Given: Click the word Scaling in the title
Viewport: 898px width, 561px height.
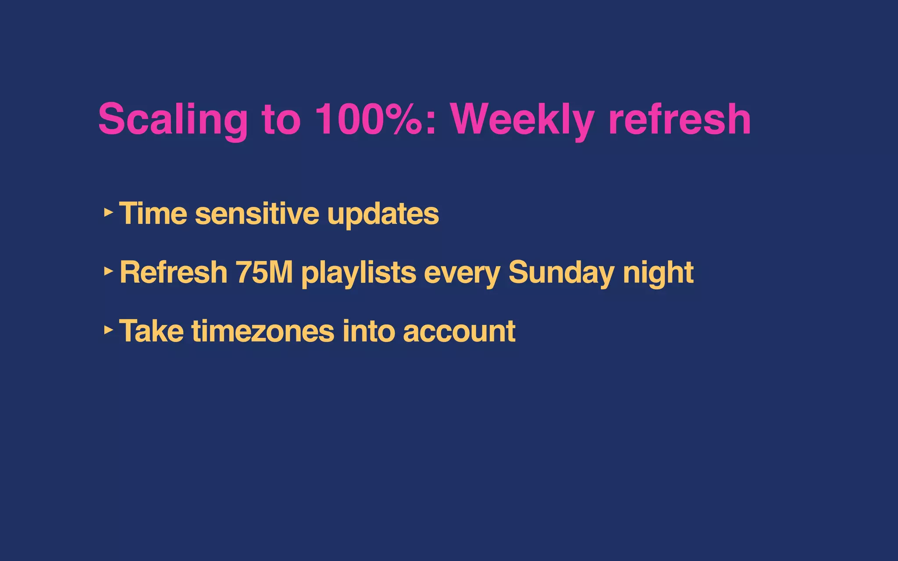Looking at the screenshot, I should (x=173, y=120).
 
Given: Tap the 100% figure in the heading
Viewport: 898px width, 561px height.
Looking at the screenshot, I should (x=368, y=119).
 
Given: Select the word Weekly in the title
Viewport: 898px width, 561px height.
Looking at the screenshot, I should (x=522, y=120).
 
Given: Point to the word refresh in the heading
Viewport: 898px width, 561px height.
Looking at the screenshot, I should (x=680, y=119).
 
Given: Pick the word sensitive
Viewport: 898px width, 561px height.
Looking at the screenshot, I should (x=257, y=213).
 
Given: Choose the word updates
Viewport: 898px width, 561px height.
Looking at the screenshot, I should (x=383, y=214).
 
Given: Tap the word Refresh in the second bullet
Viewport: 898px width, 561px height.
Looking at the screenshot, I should (x=173, y=272).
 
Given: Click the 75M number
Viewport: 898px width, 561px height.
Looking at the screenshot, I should (x=264, y=272).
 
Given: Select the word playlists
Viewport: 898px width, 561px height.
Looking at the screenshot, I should (x=358, y=273).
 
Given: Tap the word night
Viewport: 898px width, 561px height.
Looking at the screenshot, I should (x=658, y=273).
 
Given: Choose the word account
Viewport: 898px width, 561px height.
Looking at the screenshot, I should (x=459, y=331).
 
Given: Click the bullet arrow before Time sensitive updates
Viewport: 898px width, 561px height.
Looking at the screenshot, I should (x=108, y=213).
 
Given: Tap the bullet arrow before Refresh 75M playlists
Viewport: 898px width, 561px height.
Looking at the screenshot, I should (x=108, y=271).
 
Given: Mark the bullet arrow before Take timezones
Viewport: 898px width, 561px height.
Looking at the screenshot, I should (x=108, y=330).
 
